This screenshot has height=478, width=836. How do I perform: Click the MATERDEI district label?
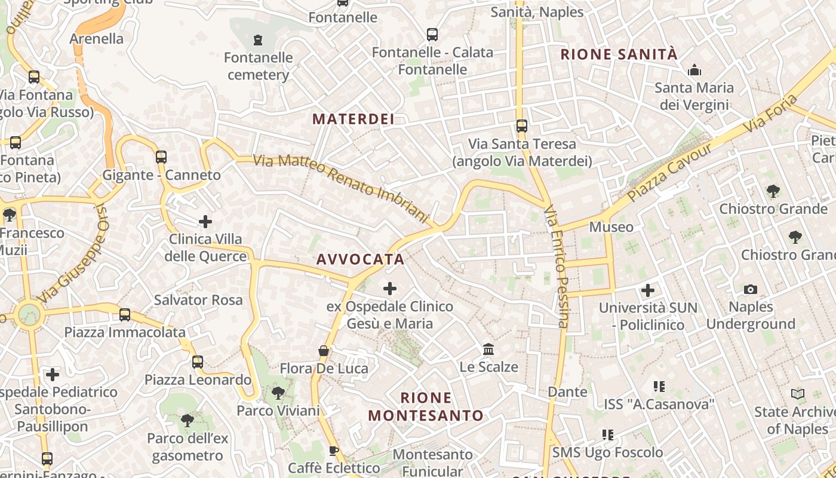(354, 119)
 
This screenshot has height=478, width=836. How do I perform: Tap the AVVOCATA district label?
(360, 259)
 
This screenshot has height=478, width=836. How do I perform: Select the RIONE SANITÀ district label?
(619, 54)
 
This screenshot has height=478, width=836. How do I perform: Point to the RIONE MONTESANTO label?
(425, 406)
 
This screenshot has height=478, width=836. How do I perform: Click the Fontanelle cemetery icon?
(258, 40)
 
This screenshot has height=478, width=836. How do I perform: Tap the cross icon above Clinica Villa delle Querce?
(205, 222)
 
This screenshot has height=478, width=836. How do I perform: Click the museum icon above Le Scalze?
(488, 349)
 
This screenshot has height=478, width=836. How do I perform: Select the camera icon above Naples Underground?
(751, 290)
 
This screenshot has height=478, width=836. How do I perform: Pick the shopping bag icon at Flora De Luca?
(324, 351)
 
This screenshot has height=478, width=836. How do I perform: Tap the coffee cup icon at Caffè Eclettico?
(333, 451)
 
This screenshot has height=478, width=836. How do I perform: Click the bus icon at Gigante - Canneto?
(161, 157)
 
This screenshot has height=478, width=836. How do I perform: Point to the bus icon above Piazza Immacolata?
(125, 315)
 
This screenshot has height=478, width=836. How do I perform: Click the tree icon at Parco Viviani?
(278, 393)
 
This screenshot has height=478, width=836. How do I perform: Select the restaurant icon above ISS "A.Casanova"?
(659, 387)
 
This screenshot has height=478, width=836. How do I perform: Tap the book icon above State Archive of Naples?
(798, 394)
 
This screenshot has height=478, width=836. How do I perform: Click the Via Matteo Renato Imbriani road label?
(342, 187)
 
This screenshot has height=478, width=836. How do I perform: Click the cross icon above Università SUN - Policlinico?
(648, 291)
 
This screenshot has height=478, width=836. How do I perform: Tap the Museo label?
(611, 227)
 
